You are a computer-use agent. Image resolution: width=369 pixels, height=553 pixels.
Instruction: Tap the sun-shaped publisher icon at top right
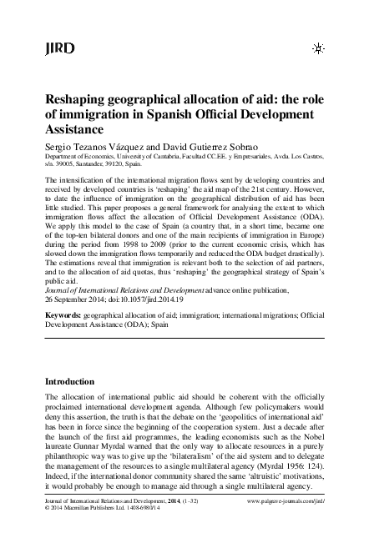click(317, 49)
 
